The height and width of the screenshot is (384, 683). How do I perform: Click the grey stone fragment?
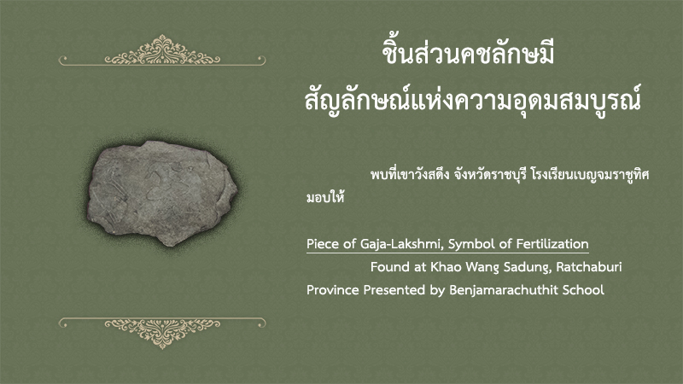click(162, 193)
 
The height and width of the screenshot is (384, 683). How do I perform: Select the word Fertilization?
click(552, 244)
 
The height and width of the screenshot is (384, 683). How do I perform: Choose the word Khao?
click(446, 267)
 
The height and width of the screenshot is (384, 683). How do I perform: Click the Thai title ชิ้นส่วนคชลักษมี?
click(468, 53)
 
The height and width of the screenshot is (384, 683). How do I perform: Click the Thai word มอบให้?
click(325, 197)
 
